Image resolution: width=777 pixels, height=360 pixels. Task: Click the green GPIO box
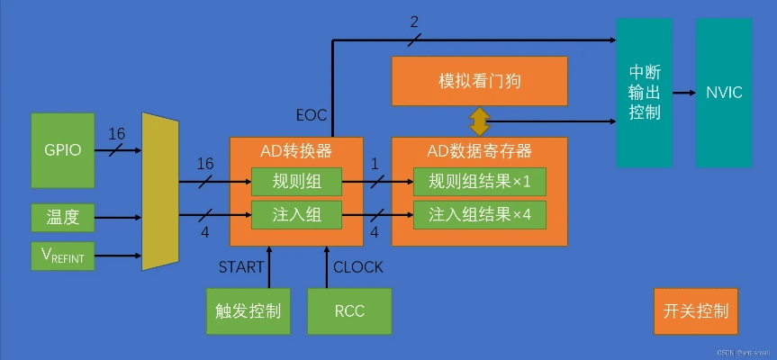[x=62, y=149]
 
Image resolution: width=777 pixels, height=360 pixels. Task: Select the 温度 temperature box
[x=62, y=217]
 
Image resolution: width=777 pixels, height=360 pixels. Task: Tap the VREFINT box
[x=62, y=256]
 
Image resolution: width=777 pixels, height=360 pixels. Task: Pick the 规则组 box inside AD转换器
[x=295, y=183]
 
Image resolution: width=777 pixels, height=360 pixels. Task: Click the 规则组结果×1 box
[x=480, y=183]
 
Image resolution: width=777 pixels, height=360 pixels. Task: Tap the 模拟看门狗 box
[x=480, y=82]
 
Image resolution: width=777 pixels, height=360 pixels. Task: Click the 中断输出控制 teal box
[x=644, y=92]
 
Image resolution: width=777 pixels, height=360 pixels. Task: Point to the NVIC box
[x=724, y=92]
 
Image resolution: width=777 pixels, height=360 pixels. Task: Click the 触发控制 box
[x=248, y=311]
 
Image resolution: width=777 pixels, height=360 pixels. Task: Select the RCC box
[x=349, y=311]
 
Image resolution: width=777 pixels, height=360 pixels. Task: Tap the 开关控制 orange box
[x=695, y=311]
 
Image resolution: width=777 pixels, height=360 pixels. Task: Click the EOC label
[x=312, y=114]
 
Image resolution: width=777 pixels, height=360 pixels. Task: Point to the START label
[x=241, y=267]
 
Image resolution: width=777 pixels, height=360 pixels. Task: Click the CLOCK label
[x=357, y=267]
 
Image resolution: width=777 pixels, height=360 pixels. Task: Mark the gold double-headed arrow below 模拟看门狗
[x=479, y=121]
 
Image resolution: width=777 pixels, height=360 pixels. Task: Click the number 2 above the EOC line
[x=414, y=22]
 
